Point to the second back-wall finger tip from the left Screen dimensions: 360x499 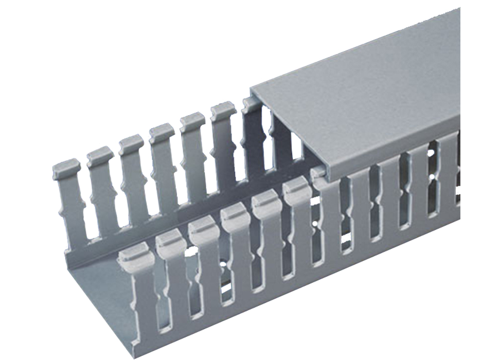(100, 155)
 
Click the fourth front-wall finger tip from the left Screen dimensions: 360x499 (236, 212)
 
